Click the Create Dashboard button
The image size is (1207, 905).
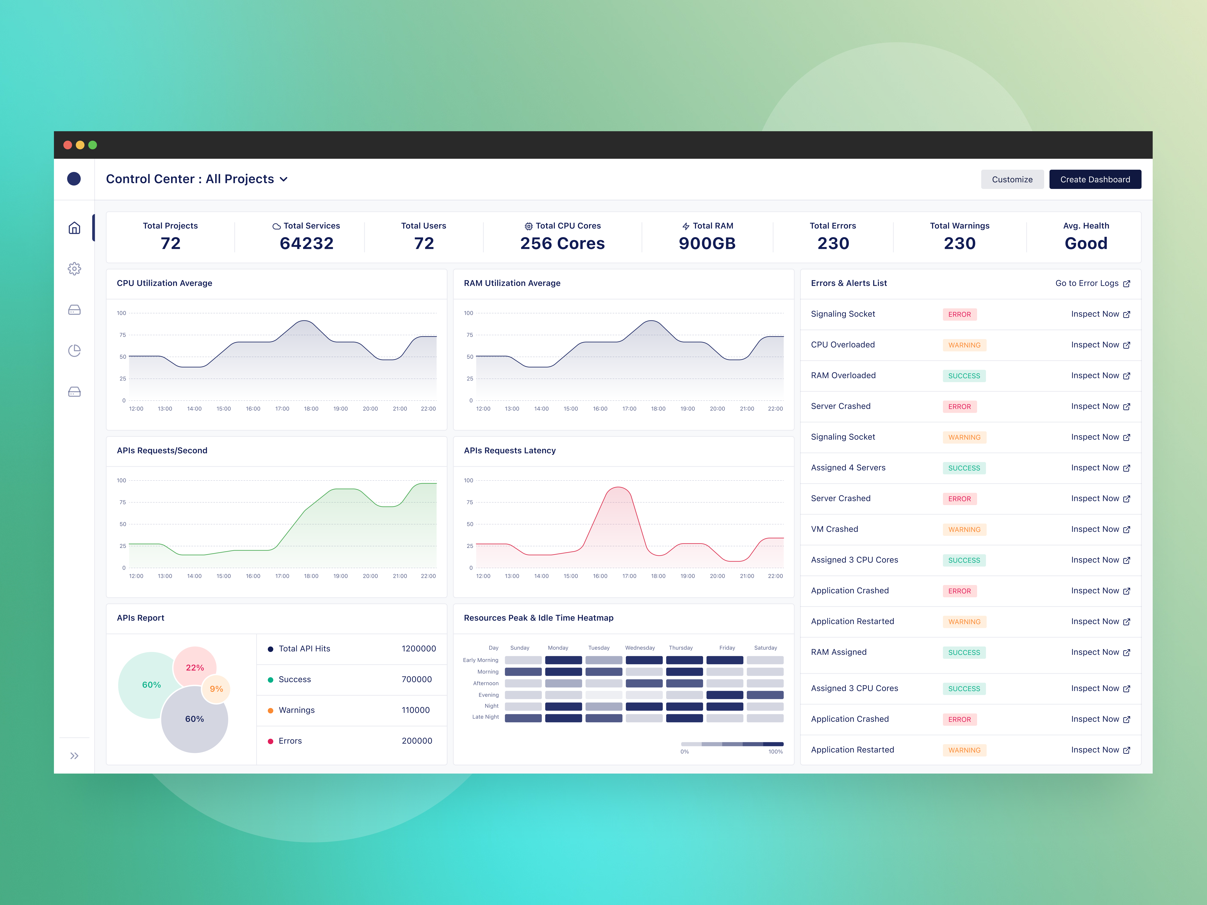pos(1095,179)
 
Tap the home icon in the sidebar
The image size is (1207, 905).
pos(74,228)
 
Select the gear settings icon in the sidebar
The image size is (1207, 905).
pos(74,269)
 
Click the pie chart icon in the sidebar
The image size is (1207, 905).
pos(74,351)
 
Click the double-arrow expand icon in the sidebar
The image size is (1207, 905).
pos(74,755)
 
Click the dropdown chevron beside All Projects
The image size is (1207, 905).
pos(284,179)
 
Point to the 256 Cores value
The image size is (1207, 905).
pos(562,243)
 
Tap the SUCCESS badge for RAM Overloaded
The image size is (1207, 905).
pos(964,376)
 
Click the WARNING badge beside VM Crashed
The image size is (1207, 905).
pos(964,530)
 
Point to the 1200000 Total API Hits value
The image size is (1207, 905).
pos(418,649)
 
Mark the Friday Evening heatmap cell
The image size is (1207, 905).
pos(725,695)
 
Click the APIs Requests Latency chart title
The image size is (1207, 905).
pos(510,451)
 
